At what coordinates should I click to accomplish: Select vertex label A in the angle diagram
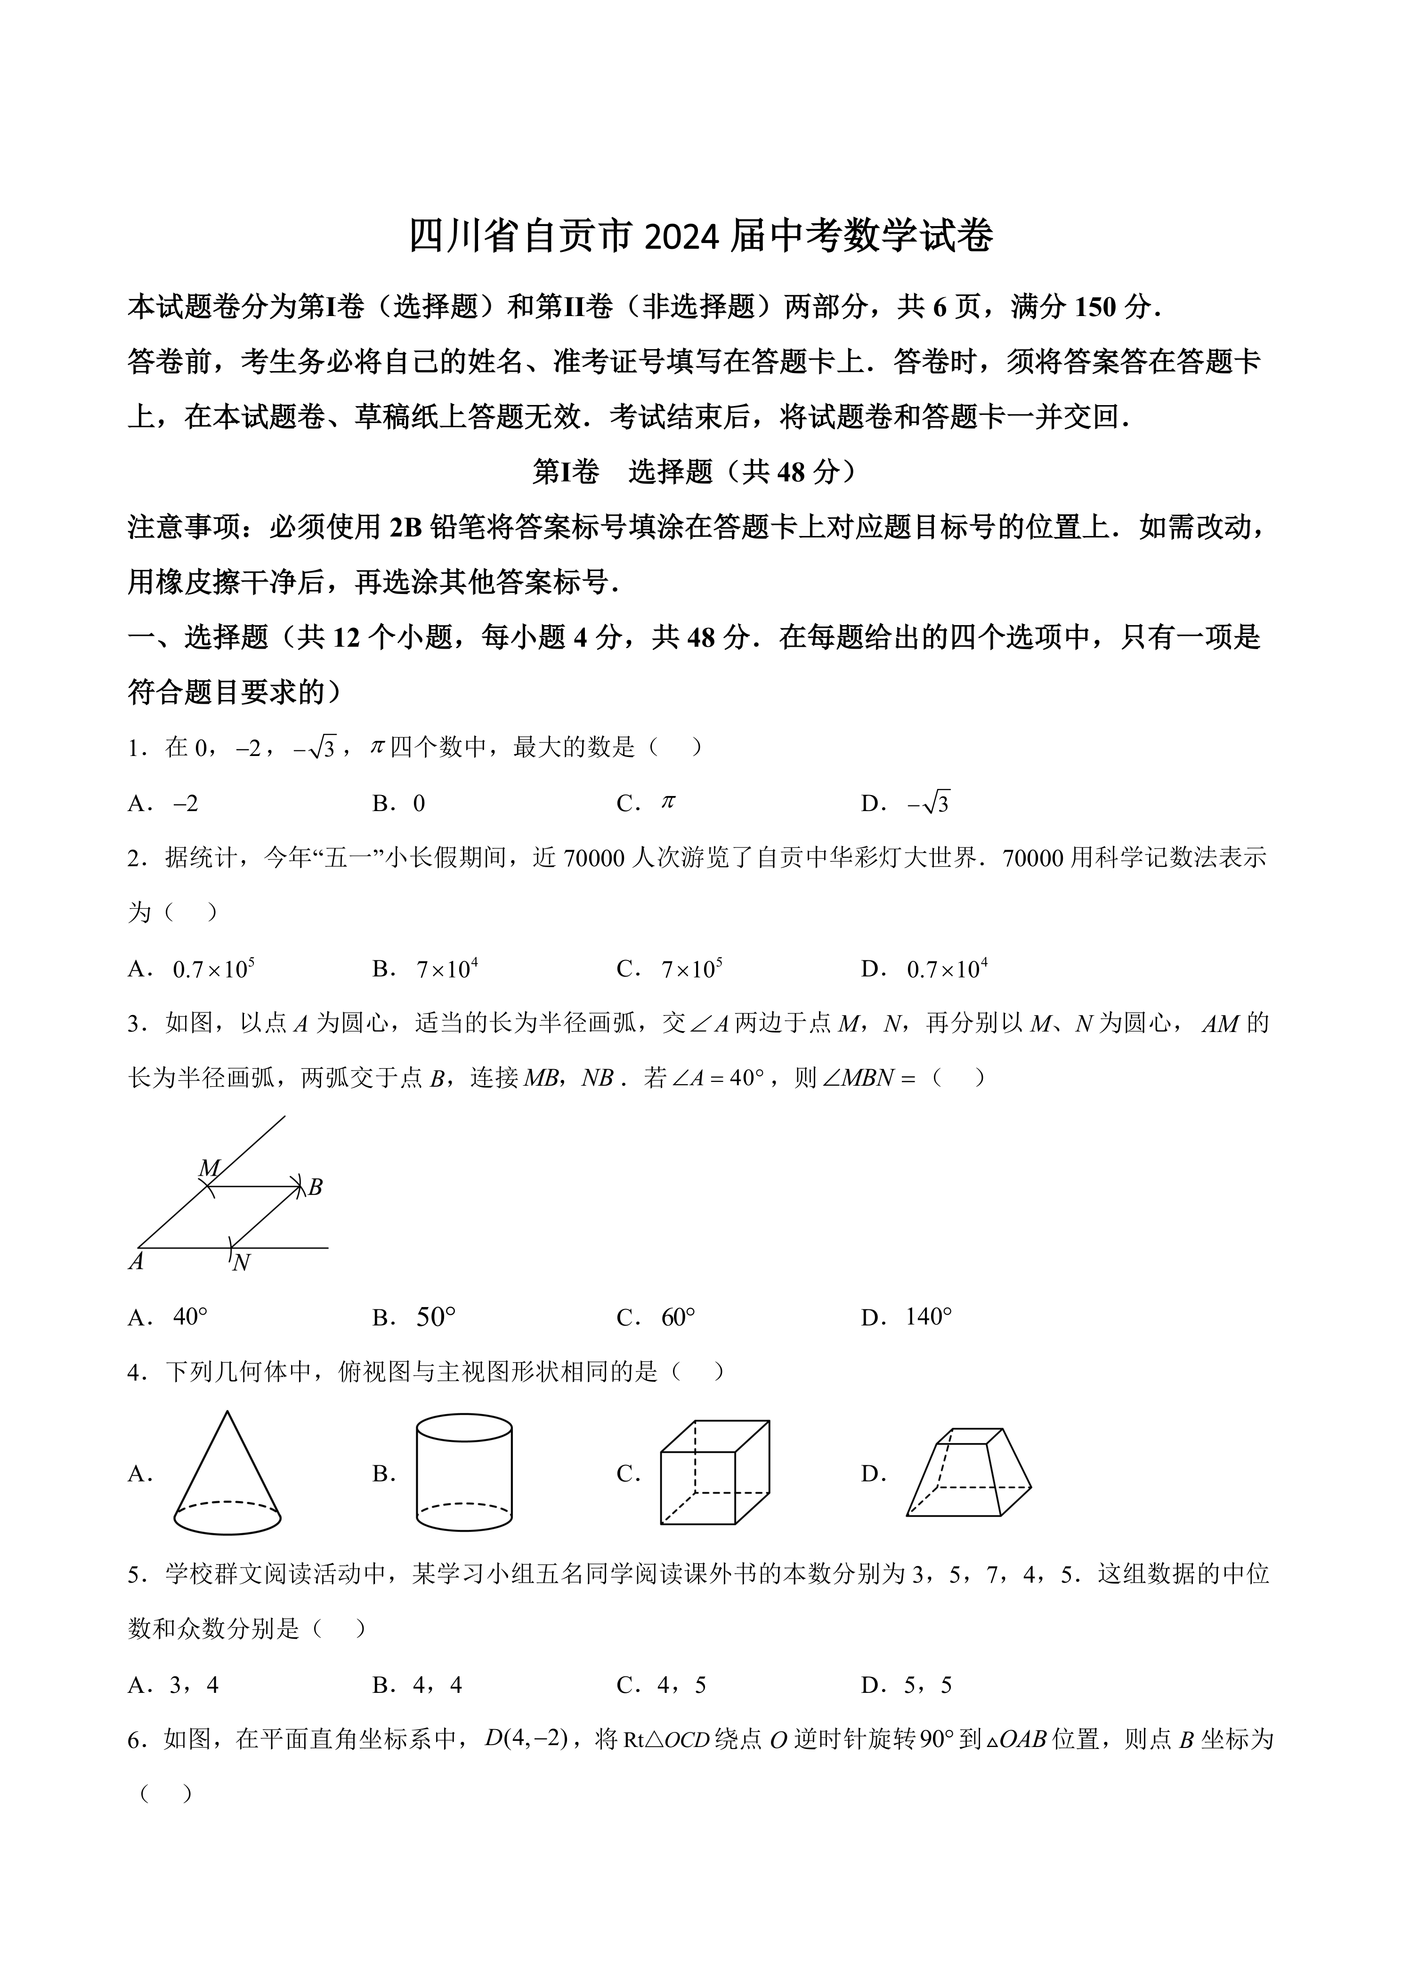click(136, 1262)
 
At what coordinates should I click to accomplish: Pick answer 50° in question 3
click(436, 1317)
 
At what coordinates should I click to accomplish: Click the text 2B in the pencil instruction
click(405, 527)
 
